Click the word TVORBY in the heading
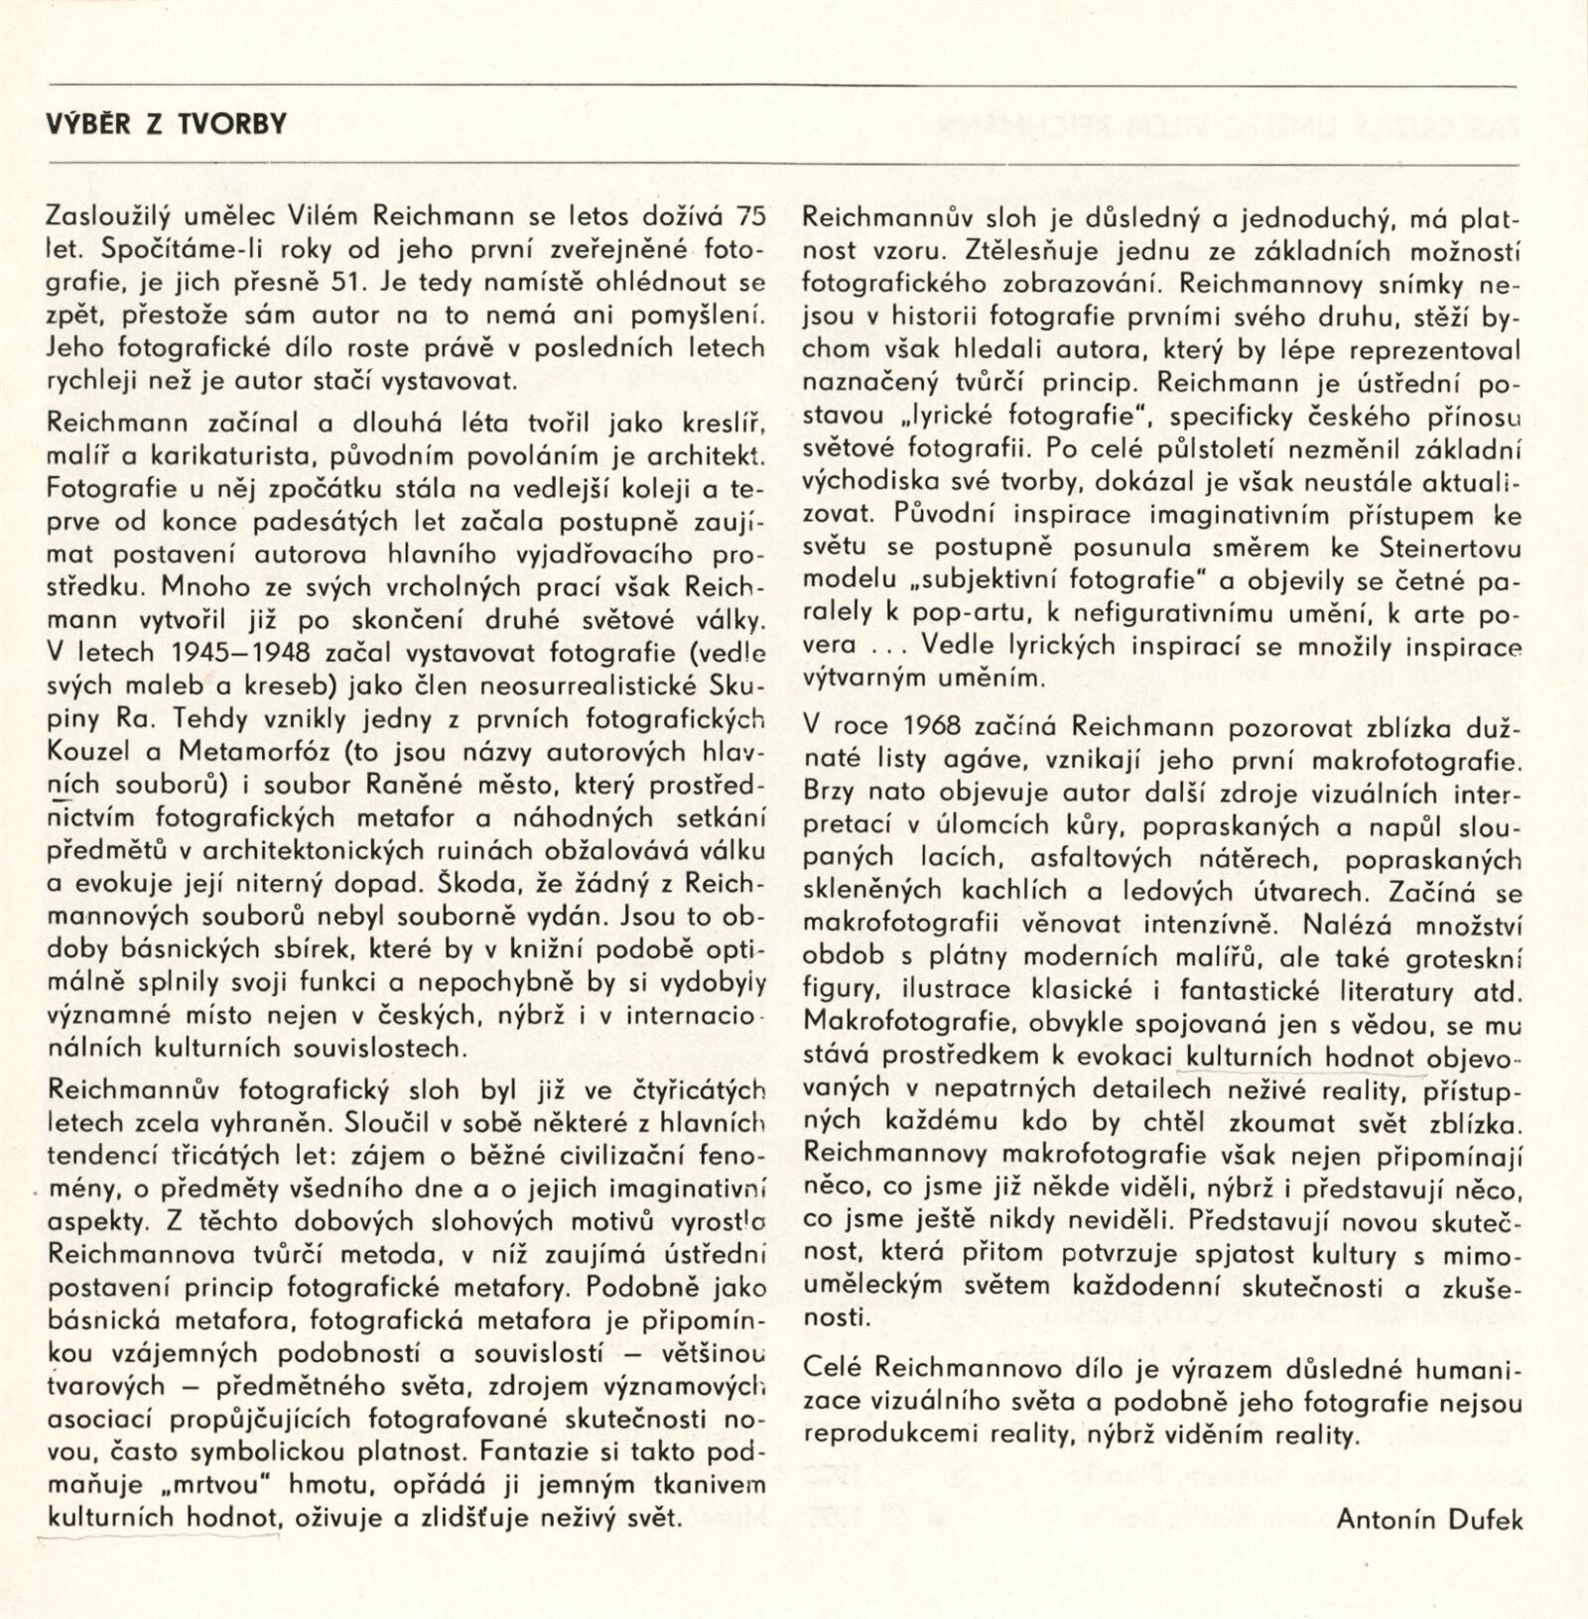pos(235,124)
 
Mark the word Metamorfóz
pos(219,751)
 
